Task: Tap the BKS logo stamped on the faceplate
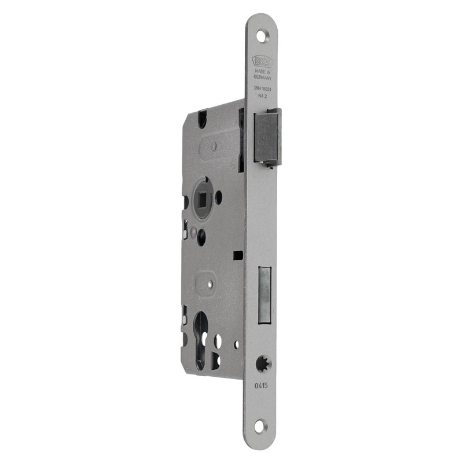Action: pyautogui.click(x=260, y=60)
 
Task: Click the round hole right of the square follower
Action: pyautogui.click(x=218, y=197)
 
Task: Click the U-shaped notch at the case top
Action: pyautogui.click(x=201, y=120)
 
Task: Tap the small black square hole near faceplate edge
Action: pyautogui.click(x=237, y=255)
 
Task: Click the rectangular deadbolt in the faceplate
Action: pyautogui.click(x=264, y=295)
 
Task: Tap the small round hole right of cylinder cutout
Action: pyautogui.click(x=236, y=345)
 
